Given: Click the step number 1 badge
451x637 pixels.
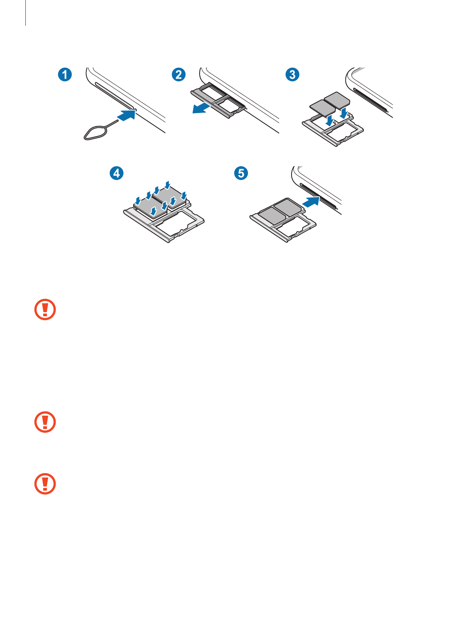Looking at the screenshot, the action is pos(65,75).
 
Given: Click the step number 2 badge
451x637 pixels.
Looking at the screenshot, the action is pos(179,75).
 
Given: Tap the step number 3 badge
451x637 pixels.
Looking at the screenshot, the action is pos(292,75).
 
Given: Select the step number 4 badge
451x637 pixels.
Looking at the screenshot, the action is pos(117,173).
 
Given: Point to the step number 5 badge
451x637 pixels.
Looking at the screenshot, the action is pos(241,173).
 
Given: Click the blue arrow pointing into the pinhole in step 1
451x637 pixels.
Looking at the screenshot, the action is pos(126,115).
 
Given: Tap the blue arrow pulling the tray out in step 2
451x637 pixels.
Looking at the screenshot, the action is pos(201,108).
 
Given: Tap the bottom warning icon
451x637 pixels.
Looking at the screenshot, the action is pos(45,484).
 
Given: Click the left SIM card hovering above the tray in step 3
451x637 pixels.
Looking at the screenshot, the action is pos(322,107).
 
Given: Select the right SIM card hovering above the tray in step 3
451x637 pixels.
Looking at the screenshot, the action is pos(337,99).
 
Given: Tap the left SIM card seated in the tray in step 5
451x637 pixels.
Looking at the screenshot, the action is pos(272,214).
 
